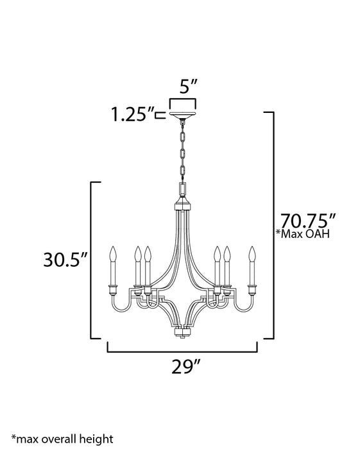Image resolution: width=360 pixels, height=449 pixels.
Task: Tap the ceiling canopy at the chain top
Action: (183, 116)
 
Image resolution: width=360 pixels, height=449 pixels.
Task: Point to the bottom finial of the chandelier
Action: (182, 334)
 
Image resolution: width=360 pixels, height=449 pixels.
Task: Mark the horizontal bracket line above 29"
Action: (182, 352)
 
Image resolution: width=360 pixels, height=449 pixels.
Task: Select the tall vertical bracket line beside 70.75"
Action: (274, 224)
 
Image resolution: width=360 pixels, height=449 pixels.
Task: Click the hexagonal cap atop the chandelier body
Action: (182, 206)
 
